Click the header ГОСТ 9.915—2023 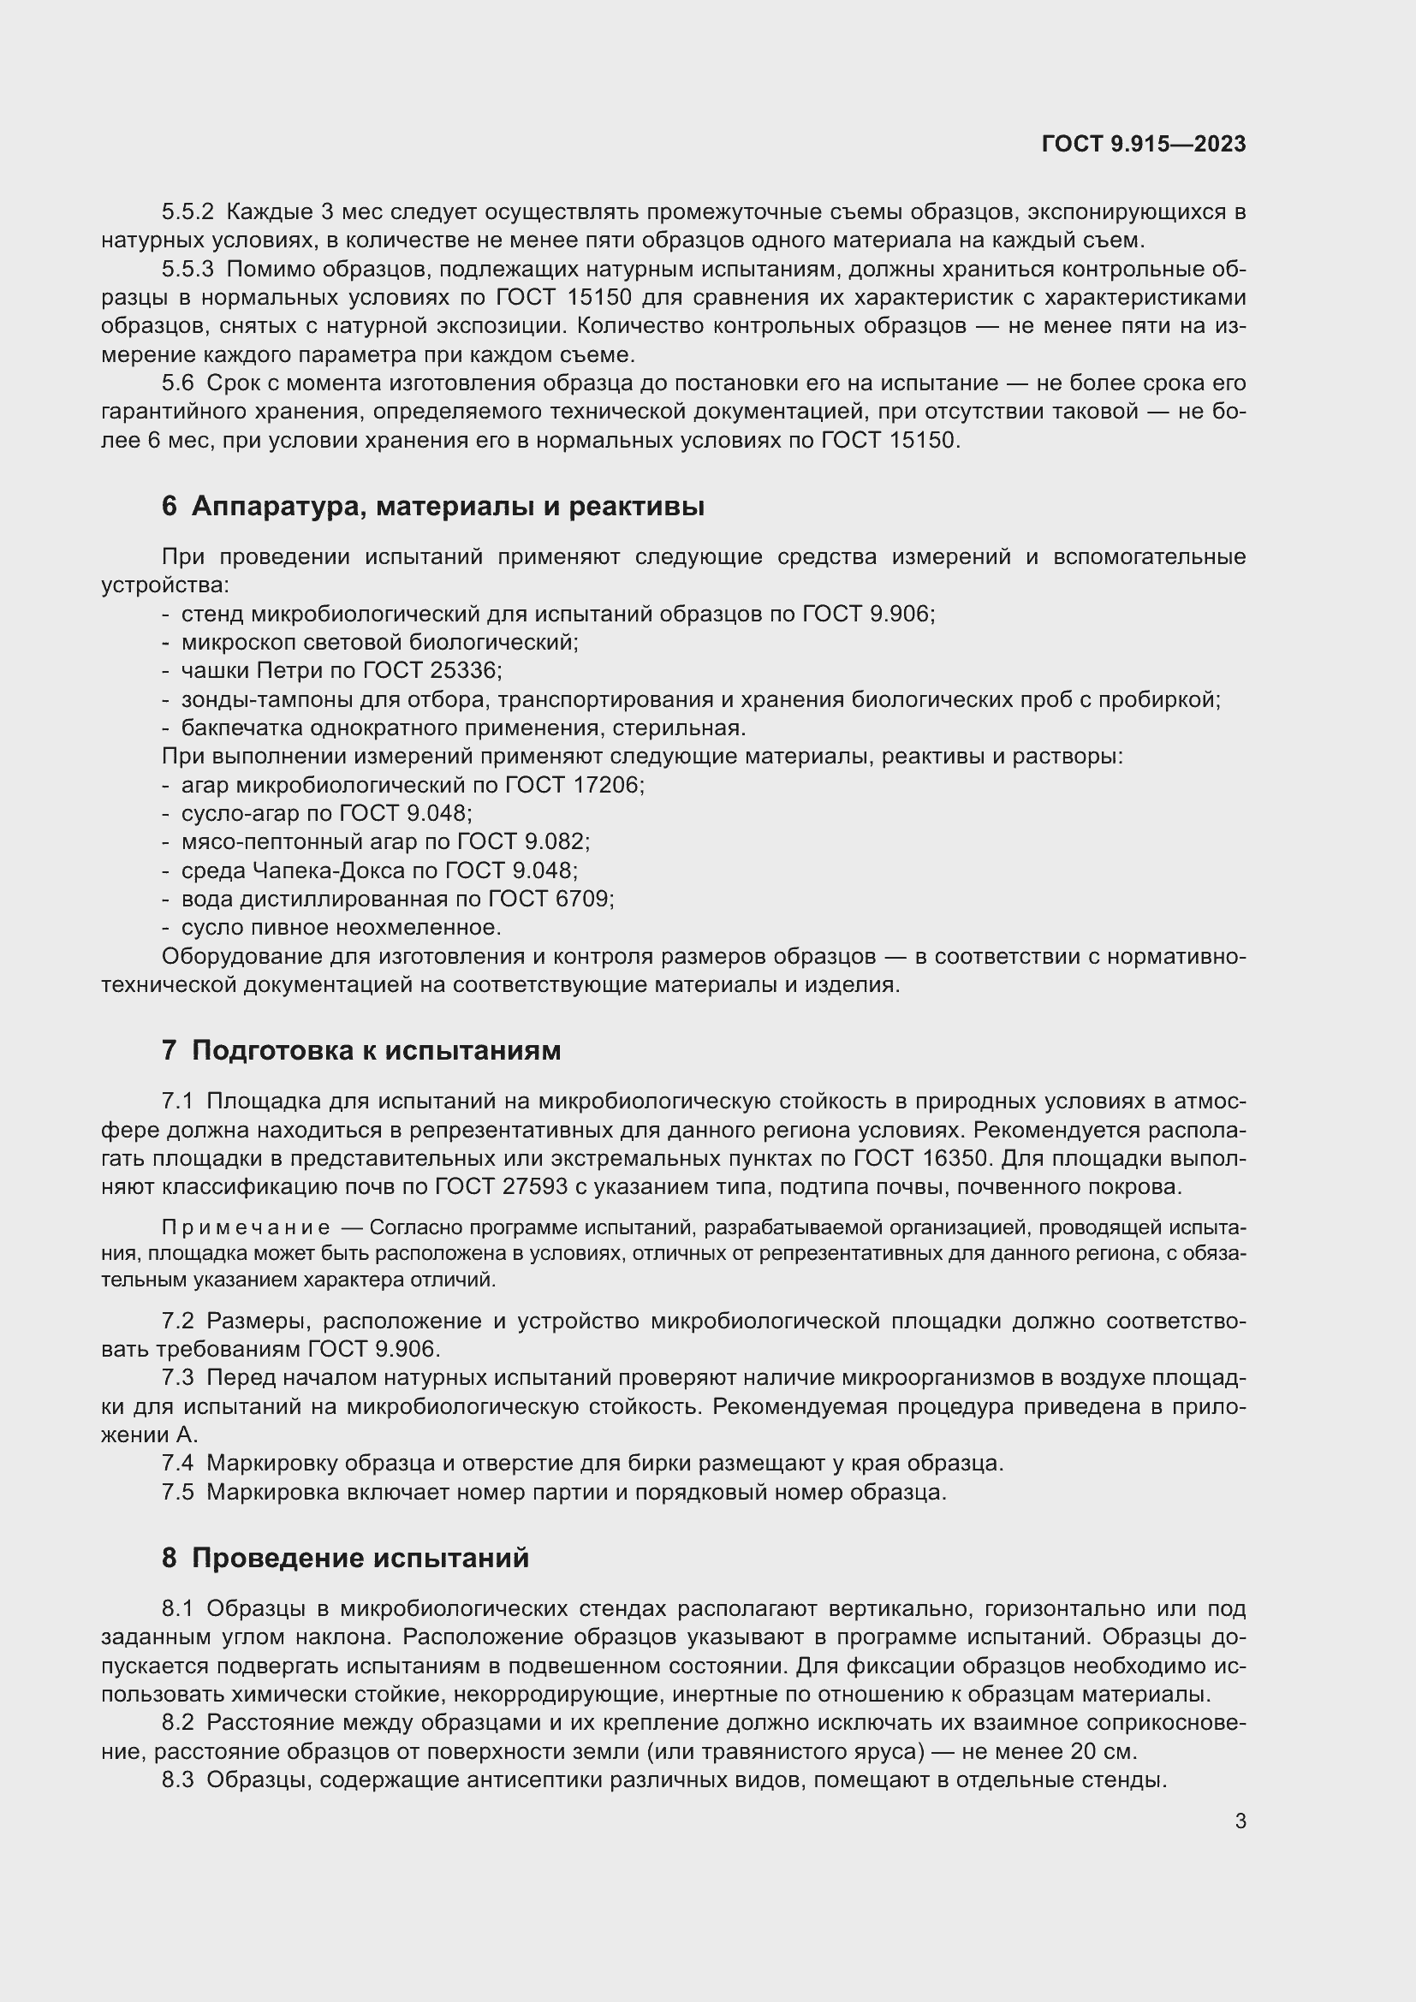click(x=1143, y=144)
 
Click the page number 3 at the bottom click(x=1240, y=1821)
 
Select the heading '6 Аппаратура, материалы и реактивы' click(x=432, y=506)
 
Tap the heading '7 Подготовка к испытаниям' click(x=361, y=1050)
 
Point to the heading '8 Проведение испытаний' click(x=345, y=1557)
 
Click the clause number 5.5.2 click(x=187, y=212)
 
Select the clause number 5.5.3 click(x=187, y=269)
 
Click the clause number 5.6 click(x=178, y=383)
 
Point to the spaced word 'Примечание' click(x=246, y=1227)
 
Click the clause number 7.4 click(x=178, y=1463)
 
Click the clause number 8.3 click(x=178, y=1780)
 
